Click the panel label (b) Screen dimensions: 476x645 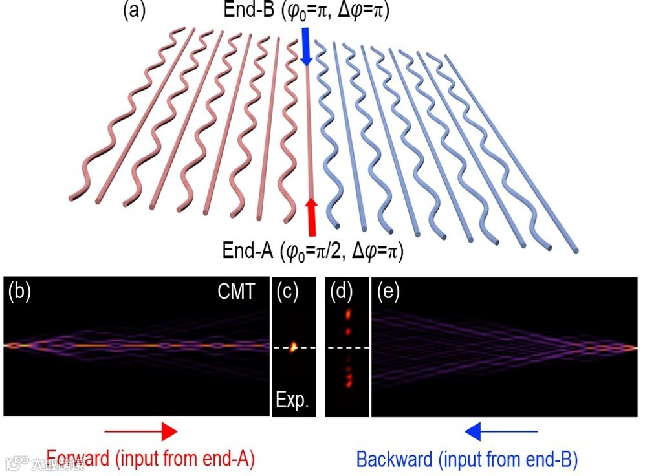tap(19, 292)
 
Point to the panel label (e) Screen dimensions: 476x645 tap(389, 292)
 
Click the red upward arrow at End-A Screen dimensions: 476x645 tap(311, 216)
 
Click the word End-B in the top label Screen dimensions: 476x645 tap(245, 11)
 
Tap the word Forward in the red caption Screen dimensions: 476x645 tap(78, 460)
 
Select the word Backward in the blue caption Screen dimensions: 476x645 tap(394, 460)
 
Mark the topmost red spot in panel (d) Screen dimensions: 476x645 tap(347, 315)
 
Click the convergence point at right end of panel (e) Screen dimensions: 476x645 tap(631, 348)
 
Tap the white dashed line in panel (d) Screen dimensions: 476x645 tap(347, 348)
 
